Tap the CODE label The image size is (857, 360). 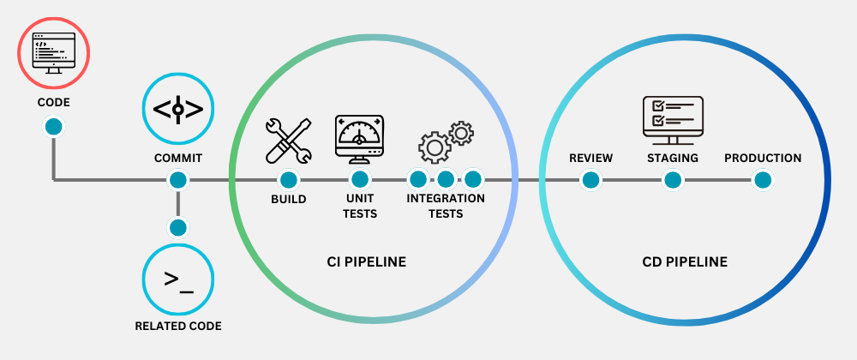(53, 103)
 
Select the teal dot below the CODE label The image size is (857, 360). (53, 127)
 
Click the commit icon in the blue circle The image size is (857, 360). (177, 109)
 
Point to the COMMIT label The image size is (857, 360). (177, 158)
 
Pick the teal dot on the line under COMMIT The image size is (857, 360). (177, 180)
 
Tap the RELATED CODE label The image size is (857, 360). (177, 326)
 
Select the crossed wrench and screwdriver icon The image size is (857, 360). (288, 140)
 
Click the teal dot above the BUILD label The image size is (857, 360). (288, 180)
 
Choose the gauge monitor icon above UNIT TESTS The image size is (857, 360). (360, 138)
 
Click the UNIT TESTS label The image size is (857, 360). (360, 206)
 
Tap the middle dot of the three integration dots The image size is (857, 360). (445, 179)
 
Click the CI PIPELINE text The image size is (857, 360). (366, 261)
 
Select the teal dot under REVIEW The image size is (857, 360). (590, 180)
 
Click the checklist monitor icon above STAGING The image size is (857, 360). (673, 120)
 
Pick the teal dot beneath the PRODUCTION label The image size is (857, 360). (763, 180)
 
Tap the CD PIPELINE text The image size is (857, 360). (685, 261)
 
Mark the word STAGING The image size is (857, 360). (673, 158)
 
